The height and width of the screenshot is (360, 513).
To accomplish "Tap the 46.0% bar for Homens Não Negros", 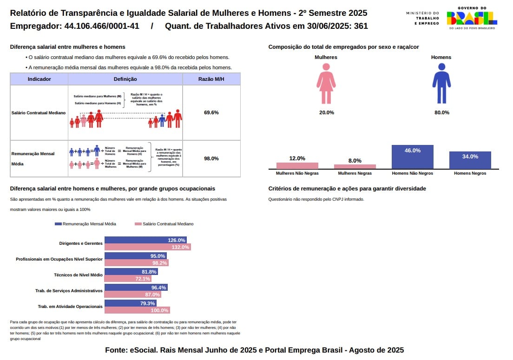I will (413, 157).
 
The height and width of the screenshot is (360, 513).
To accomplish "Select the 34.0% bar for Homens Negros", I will (470, 160).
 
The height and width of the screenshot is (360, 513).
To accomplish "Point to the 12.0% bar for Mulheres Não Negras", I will (297, 165).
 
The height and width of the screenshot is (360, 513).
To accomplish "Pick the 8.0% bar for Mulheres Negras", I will (355, 166).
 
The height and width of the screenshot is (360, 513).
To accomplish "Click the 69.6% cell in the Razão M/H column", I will (211, 112).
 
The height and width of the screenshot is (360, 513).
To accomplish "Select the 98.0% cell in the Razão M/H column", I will (211, 158).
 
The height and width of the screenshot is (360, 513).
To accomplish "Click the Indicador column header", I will (39, 79).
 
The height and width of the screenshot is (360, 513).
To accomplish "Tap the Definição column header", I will (125, 79).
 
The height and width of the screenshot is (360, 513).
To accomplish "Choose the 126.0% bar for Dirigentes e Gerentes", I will (146, 240).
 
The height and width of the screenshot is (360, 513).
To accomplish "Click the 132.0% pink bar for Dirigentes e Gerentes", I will (148, 247).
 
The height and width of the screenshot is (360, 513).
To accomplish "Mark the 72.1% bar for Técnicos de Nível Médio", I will (128, 279).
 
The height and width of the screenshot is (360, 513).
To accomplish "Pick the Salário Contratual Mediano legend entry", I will (164, 224).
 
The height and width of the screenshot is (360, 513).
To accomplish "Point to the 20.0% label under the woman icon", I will (326, 112).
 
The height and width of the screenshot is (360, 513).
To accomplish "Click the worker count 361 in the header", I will (361, 26).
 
